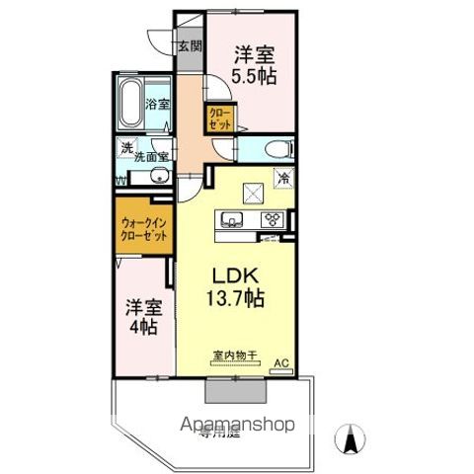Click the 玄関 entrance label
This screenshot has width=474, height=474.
[x=189, y=44]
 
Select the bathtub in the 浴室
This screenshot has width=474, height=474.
[x=129, y=102]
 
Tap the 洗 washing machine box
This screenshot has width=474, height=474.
[x=125, y=149]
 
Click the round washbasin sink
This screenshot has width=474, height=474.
[x=157, y=177]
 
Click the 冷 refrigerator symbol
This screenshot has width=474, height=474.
[x=284, y=179]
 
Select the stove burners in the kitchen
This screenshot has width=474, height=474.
[x=272, y=219]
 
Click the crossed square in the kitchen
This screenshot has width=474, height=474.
[x=254, y=193]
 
